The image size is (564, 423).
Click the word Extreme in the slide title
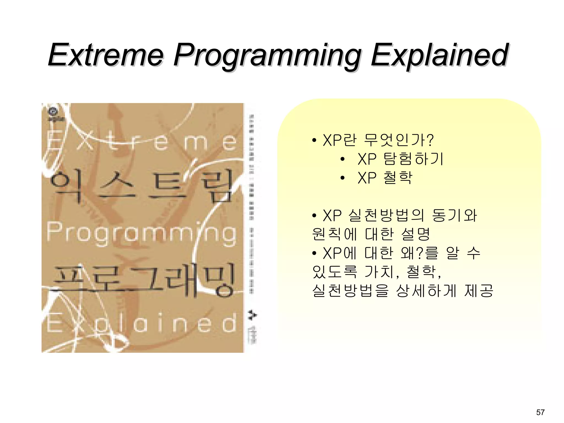[106, 55]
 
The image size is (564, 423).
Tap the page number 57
[540, 412]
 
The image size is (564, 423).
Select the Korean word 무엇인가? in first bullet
[398, 140]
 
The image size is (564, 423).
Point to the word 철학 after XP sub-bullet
[398, 178]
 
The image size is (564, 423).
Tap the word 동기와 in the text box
[454, 215]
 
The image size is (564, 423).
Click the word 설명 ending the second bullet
[416, 234]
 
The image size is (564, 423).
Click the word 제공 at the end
[479, 291]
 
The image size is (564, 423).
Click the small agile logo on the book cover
[56, 114]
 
